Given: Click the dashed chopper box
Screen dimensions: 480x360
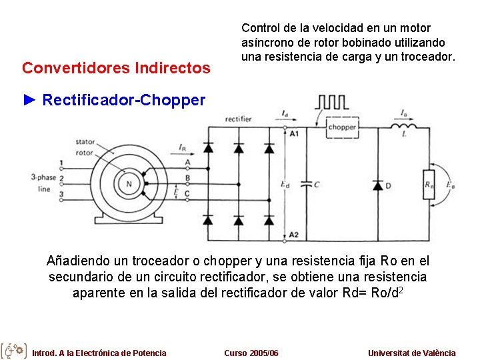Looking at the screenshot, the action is coord(342,127).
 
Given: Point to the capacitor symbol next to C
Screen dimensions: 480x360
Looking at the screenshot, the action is coord(307,183).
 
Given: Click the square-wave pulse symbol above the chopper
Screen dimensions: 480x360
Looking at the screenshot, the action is coord(331,102).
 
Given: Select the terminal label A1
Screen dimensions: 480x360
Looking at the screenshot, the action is coord(295,133).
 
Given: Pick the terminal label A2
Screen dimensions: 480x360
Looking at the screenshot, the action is coord(295,234).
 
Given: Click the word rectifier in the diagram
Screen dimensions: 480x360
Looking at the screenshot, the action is coord(238,119).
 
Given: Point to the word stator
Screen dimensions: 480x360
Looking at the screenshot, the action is coord(85,141).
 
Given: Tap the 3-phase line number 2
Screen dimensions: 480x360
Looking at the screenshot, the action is coord(61,179).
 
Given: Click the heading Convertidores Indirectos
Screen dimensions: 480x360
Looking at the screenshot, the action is coord(116,68).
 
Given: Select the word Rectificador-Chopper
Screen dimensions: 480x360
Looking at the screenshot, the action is coord(123,101).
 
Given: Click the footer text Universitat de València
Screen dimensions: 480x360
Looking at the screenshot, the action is coord(411,353).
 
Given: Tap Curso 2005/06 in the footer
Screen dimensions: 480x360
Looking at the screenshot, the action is coord(251,353).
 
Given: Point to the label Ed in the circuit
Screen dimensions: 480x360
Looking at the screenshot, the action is coord(285,184).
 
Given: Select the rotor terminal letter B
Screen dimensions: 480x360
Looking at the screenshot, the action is coord(187,178).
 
